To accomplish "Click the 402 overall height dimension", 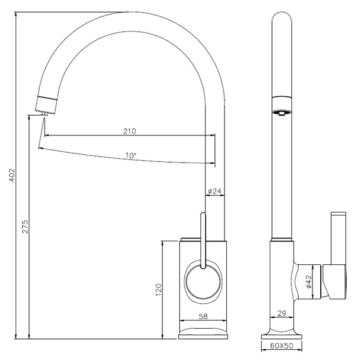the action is click(x=12, y=175).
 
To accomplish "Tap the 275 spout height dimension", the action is click(x=25, y=226).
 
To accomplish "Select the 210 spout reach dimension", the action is click(x=129, y=131).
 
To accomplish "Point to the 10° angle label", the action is click(x=131, y=155).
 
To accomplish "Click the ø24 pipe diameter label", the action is click(x=215, y=191).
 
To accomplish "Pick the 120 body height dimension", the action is click(x=159, y=290).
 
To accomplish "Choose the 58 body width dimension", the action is click(x=203, y=317).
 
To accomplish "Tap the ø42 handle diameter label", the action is click(x=309, y=282).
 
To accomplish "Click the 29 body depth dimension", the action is click(x=282, y=313).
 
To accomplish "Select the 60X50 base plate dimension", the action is click(x=282, y=346).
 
